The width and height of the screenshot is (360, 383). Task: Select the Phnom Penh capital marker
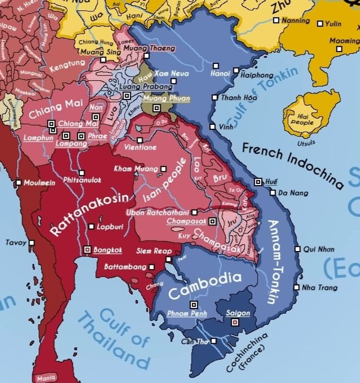pos(194,304)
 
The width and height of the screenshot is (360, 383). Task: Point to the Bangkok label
pos(108,249)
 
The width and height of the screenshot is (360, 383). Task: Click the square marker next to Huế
pos(258,182)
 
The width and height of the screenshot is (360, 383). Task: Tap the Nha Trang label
pos(320,288)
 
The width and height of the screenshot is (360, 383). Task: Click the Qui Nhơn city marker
pos(298,249)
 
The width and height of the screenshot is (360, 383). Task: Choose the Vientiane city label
pos(140,147)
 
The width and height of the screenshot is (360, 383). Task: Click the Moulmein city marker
pos(19,183)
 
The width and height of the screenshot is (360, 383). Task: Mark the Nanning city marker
pos(275,20)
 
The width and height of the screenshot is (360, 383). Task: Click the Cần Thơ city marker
pos(214,341)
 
